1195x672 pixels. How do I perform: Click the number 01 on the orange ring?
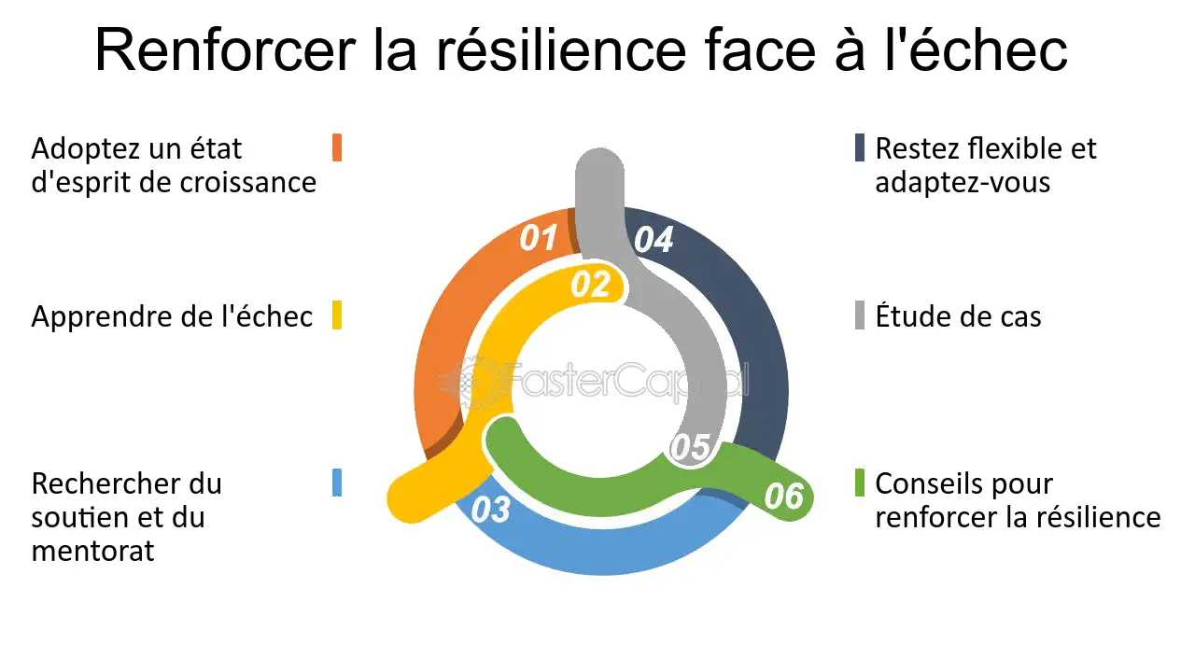click(539, 238)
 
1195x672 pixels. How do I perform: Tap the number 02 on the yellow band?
click(590, 285)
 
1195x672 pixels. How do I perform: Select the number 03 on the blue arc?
click(491, 510)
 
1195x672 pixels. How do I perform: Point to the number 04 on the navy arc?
click(654, 240)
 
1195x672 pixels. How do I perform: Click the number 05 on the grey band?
click(691, 447)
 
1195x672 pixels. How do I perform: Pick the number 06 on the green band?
click(783, 496)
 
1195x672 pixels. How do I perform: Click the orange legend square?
click(337, 147)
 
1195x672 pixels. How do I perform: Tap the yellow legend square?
click(337, 315)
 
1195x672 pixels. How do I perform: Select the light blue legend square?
click(337, 483)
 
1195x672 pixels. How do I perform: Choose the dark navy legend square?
click(860, 147)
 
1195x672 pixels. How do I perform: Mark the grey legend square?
click(860, 315)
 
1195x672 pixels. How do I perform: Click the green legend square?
click(860, 483)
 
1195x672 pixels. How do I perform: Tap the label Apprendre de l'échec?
click(172, 316)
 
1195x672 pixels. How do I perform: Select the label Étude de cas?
click(958, 316)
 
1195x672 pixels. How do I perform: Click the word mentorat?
click(92, 551)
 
